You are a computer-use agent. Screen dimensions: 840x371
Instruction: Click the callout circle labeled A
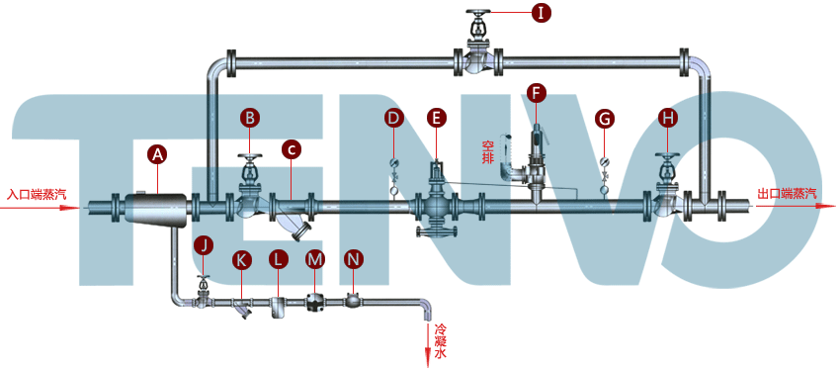[x=157, y=154]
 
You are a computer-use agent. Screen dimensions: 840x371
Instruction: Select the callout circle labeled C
[x=291, y=150]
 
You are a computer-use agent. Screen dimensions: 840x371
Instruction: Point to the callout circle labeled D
[x=393, y=119]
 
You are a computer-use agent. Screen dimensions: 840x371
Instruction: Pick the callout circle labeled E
[x=437, y=119]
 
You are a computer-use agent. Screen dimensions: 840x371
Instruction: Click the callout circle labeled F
[x=537, y=92]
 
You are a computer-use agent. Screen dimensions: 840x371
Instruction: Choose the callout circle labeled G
[x=605, y=119]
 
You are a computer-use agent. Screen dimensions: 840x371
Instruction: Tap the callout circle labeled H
[x=667, y=119]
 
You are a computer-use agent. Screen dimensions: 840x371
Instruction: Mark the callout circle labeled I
[x=542, y=13]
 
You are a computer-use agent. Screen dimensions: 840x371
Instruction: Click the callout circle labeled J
[x=204, y=245]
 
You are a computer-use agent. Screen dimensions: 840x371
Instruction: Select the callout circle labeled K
[x=241, y=259]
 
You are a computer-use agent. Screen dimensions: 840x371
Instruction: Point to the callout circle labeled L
[x=278, y=259]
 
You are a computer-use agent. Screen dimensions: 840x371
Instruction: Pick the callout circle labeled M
[x=315, y=259]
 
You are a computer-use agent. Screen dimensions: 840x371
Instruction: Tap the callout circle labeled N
[x=353, y=259]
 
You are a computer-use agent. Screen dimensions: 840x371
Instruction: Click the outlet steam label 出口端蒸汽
[x=787, y=193]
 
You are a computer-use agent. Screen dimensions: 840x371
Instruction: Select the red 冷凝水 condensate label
[x=440, y=340]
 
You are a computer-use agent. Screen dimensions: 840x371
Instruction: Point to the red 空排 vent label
[x=487, y=152]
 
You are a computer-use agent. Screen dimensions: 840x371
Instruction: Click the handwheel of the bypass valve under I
[x=476, y=12]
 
